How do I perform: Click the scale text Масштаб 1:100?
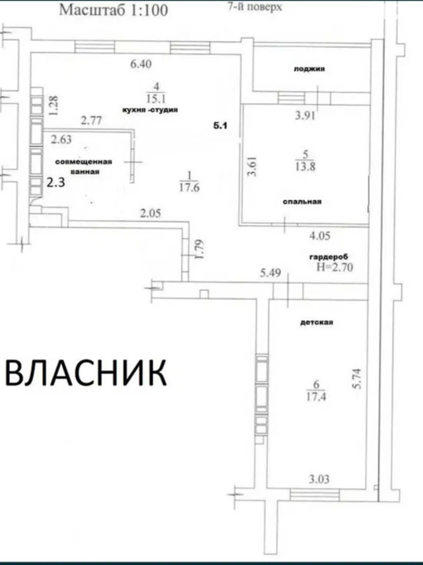click(114, 10)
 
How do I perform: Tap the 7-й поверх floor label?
click(255, 7)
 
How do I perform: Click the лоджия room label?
click(309, 69)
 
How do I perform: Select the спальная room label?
click(302, 202)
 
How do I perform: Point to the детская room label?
click(317, 322)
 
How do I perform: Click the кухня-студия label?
click(150, 110)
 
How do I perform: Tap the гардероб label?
click(329, 257)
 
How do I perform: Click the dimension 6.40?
click(141, 64)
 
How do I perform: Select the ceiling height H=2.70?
click(335, 267)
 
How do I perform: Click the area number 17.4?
click(316, 397)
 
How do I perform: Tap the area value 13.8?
click(305, 166)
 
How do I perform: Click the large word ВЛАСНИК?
click(86, 373)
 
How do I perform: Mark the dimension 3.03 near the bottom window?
click(319, 479)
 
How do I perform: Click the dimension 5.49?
click(270, 273)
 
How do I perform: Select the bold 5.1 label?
click(220, 125)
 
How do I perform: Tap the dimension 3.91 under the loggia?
click(305, 115)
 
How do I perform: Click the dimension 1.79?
click(199, 250)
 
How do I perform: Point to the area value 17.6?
click(189, 187)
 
